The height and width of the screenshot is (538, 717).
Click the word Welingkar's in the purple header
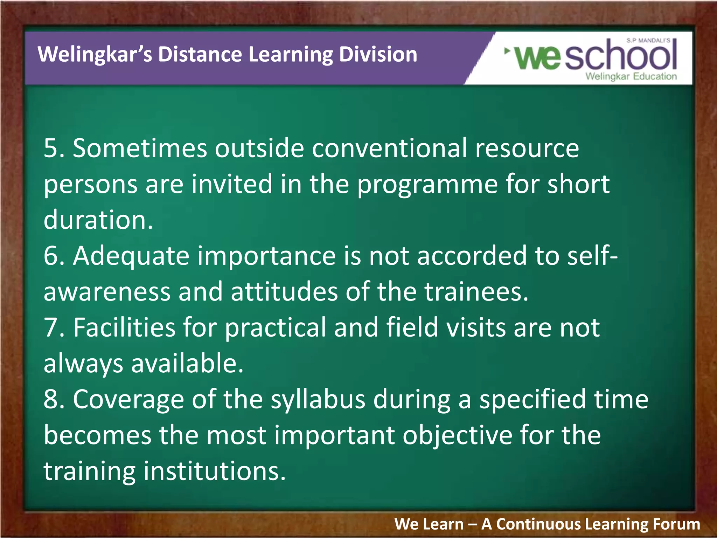point(95,55)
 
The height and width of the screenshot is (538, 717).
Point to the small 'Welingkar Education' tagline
point(631,76)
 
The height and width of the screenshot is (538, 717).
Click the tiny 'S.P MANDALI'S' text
point(648,41)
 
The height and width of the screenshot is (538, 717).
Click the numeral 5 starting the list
point(51,149)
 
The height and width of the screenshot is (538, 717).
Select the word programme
point(427,185)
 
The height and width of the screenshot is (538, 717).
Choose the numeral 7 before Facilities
point(51,328)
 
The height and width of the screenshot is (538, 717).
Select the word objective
point(457,436)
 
